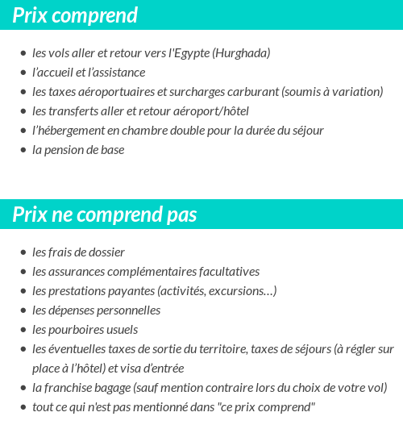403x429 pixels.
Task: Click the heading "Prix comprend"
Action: pos(75,15)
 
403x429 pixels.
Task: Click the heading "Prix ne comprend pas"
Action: pos(105,215)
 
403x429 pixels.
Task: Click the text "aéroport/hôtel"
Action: pos(207,111)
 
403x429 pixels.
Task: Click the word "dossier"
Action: pos(106,252)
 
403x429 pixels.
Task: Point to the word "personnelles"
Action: pos(128,310)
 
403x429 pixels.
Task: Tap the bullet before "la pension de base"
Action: pos(23,150)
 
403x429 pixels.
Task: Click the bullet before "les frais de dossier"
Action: pos(23,252)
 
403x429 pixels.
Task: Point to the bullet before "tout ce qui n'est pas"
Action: pos(23,407)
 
